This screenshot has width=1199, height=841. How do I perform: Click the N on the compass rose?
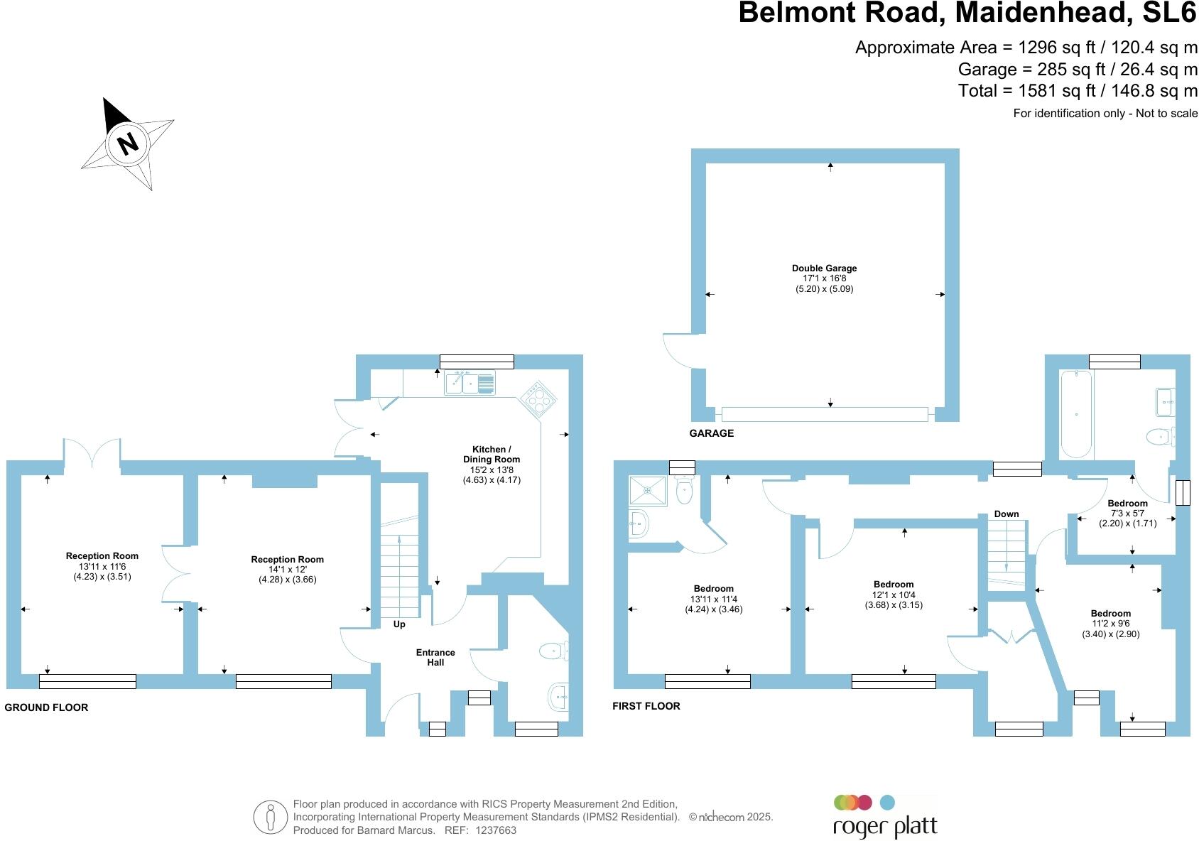tap(128, 144)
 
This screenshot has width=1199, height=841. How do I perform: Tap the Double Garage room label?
tap(824, 268)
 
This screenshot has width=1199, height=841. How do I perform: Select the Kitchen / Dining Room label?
tap(492, 454)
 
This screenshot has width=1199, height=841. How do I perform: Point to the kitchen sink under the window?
tap(470, 384)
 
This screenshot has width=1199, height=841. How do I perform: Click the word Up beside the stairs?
tap(399, 624)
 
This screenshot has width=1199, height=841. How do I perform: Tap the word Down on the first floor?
tap(1007, 514)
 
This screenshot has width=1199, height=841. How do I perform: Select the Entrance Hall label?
tap(435, 657)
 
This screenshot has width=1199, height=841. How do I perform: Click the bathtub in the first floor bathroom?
tap(1076, 413)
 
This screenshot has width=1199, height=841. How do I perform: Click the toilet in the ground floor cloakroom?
tap(553, 650)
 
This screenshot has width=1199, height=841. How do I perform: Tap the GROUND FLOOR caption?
tap(46, 707)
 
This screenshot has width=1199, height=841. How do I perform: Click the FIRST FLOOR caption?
tap(646, 706)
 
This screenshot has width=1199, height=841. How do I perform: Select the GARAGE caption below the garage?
tap(711, 433)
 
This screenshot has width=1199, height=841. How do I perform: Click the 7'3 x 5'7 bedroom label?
tap(1127, 513)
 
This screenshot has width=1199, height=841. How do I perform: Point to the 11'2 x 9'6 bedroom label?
tap(1110, 624)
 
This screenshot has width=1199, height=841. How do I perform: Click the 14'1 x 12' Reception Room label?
tap(287, 569)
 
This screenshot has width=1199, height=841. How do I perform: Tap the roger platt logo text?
tap(885, 827)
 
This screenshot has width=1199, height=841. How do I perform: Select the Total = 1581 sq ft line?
tap(1077, 91)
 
